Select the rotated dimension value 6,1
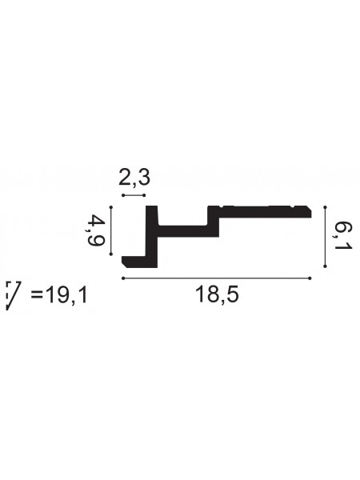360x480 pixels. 342,237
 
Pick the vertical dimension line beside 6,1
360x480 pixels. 325,237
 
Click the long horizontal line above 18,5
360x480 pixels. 216,278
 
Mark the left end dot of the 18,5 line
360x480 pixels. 122,278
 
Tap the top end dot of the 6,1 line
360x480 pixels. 325,207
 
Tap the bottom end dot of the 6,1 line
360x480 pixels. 325,266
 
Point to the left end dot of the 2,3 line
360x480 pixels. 122,194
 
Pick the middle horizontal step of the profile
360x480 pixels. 188,231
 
